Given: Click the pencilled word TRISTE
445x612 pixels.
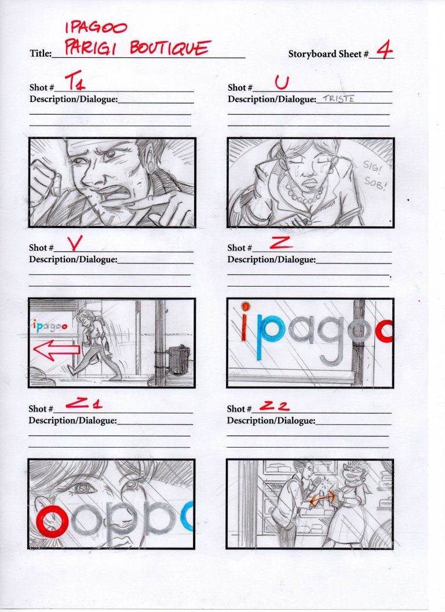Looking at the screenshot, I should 338,98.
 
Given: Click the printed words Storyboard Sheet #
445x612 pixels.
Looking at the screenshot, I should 329,54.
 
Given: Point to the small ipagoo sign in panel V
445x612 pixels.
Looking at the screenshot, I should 50,327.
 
